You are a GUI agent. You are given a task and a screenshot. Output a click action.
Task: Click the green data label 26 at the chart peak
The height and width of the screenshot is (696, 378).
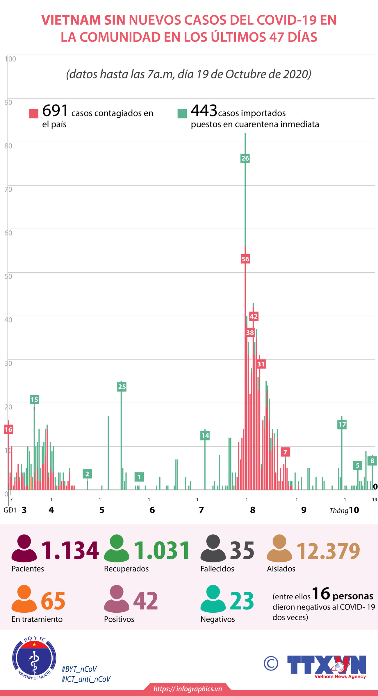245,158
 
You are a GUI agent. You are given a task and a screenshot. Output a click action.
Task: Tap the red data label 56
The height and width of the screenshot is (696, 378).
245,259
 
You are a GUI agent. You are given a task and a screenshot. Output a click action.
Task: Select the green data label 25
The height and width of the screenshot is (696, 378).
122,387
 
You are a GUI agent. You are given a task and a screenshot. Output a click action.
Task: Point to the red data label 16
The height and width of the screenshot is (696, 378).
8,429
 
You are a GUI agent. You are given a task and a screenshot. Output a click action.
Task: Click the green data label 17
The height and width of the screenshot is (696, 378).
342,425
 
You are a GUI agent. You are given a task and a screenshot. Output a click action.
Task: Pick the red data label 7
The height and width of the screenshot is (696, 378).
285,452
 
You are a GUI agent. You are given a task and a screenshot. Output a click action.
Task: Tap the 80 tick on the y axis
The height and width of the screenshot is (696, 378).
8,146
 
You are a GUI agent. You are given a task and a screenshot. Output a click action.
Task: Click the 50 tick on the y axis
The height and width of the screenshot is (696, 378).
8,276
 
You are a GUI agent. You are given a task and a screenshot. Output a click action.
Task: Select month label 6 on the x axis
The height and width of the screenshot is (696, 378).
152,510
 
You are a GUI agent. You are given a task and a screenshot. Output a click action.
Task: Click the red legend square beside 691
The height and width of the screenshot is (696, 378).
34,114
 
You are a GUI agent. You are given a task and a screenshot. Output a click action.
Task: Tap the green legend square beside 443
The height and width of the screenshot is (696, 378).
182,114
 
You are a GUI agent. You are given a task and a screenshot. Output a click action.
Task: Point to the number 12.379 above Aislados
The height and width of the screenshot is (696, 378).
328,551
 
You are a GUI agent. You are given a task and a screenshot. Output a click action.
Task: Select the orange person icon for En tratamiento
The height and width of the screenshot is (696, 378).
24,599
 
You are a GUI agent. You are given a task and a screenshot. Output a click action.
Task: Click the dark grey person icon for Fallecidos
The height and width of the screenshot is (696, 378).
213,548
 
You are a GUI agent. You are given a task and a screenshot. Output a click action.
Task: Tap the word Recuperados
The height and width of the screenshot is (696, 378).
126,569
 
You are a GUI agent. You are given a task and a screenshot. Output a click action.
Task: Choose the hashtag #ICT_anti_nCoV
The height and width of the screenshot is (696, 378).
86,679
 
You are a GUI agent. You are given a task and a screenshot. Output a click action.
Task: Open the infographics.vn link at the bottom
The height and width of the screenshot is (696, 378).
188,689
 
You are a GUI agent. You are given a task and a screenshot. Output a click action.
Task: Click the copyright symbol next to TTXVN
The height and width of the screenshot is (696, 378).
271,663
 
